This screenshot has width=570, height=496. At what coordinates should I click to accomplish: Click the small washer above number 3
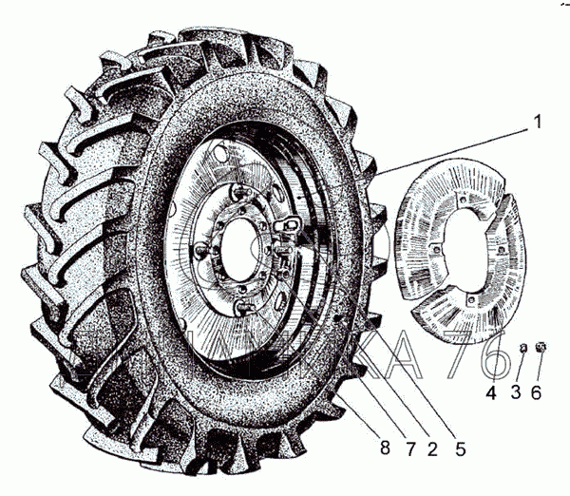(x=522, y=353)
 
